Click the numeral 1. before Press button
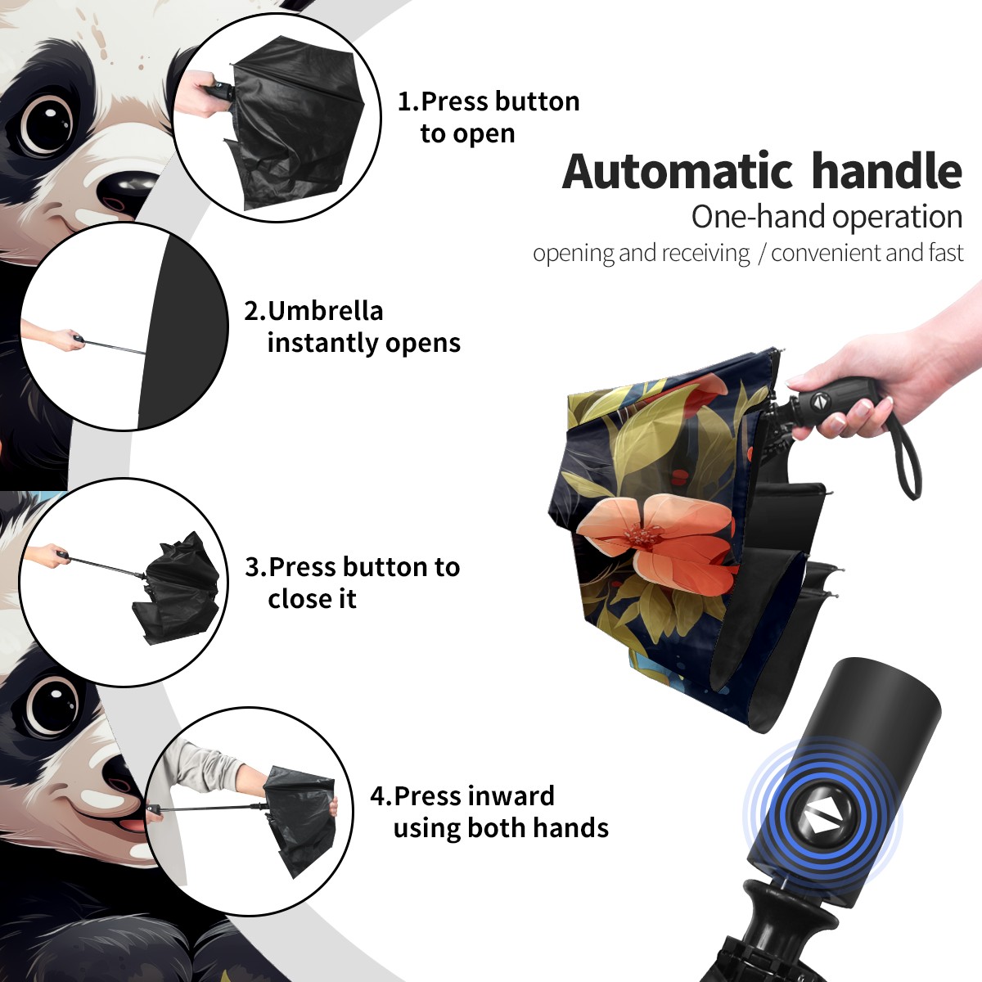408,101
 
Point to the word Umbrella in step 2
326,311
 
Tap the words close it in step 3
312,598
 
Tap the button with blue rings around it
822,822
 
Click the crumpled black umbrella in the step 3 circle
178,588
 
